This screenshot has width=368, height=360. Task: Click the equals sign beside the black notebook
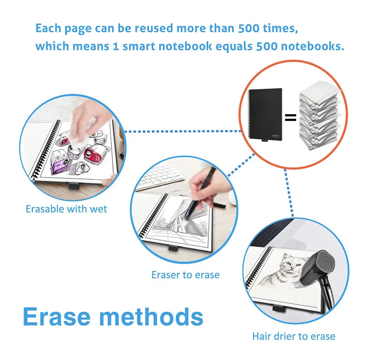point(290,118)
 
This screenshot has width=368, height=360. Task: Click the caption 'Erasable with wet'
point(66,209)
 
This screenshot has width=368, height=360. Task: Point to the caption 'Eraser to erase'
point(185,275)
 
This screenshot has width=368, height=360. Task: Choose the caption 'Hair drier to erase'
point(293,336)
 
